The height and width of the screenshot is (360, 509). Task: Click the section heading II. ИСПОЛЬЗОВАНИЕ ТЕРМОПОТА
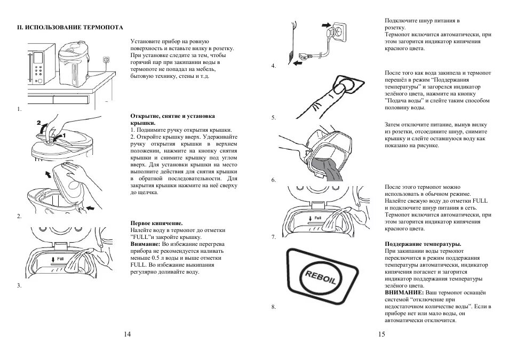pyautogui.click(x=69, y=27)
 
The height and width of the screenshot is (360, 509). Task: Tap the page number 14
pyautogui.click(x=127, y=334)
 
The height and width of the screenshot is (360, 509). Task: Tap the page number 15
pyautogui.click(x=381, y=334)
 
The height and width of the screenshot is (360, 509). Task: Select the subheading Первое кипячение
pyautogui.click(x=157, y=223)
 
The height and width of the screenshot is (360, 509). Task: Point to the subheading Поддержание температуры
pyautogui.click(x=423, y=244)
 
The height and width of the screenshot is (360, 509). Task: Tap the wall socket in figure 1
pyautogui.click(x=108, y=61)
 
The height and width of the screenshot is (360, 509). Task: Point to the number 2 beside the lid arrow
pyautogui.click(x=38, y=123)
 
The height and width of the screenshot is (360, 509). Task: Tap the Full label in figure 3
pyautogui.click(x=59, y=258)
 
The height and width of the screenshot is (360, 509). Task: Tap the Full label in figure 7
pyautogui.click(x=317, y=218)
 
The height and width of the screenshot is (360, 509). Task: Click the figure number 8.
pyautogui.click(x=273, y=307)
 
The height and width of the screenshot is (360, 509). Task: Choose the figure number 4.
pyautogui.click(x=273, y=66)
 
